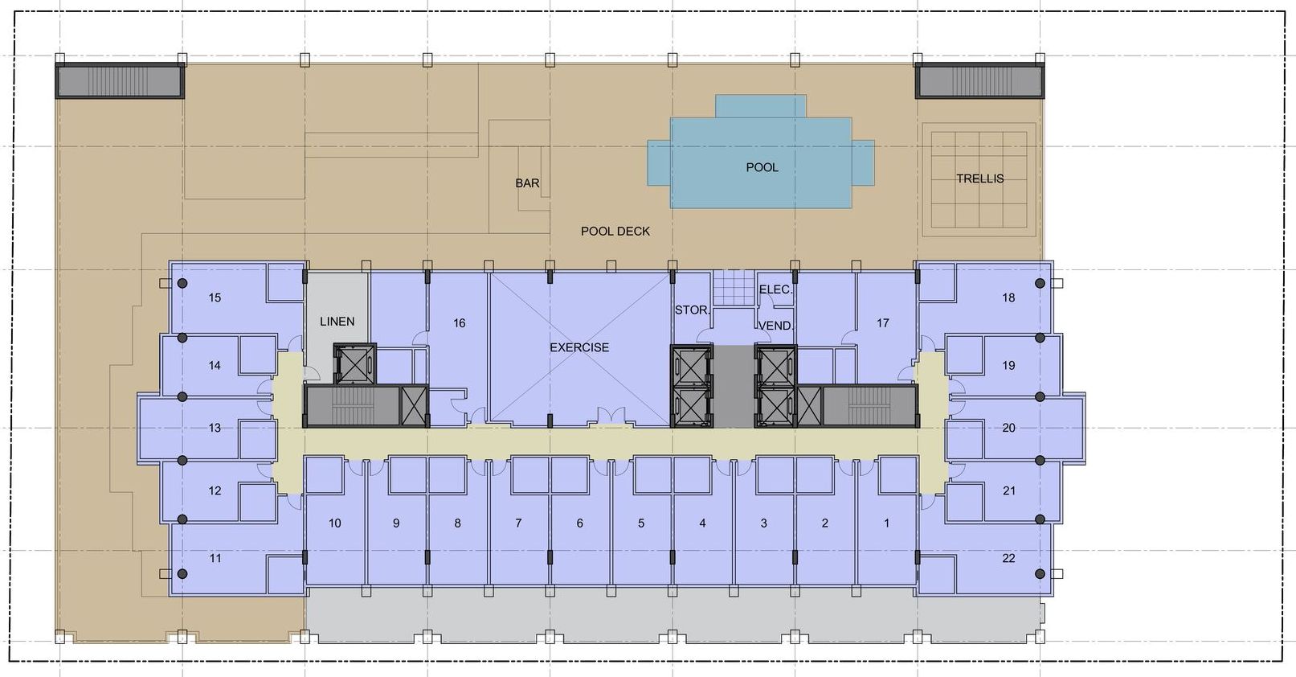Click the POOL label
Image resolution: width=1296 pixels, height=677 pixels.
pos(762,167)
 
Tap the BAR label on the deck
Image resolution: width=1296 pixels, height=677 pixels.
pos(527,183)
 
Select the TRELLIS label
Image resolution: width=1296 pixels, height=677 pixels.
pos(979,178)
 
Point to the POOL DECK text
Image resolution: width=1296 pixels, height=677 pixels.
pos(615,232)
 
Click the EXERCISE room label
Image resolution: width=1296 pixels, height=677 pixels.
pos(579,347)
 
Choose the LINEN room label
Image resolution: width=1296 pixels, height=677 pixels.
pos(337,322)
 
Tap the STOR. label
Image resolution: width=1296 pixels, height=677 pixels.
pos(691,310)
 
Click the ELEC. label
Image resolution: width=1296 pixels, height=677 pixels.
pos(775,289)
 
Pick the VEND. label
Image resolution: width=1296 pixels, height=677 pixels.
pos(775,326)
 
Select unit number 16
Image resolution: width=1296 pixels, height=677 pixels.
pos(459,323)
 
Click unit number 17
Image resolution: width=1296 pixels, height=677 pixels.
pos(882,323)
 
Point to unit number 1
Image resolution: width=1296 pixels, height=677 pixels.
pos(886,523)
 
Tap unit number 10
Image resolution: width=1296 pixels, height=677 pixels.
pos(334,523)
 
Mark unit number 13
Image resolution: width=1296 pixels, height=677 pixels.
pos(215,428)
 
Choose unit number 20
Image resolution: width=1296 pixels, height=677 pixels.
pos(1008,428)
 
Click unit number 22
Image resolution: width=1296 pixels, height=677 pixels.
pos(1008,558)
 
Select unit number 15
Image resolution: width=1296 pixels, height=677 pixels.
pos(215,297)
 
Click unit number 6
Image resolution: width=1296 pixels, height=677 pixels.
pos(579,523)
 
